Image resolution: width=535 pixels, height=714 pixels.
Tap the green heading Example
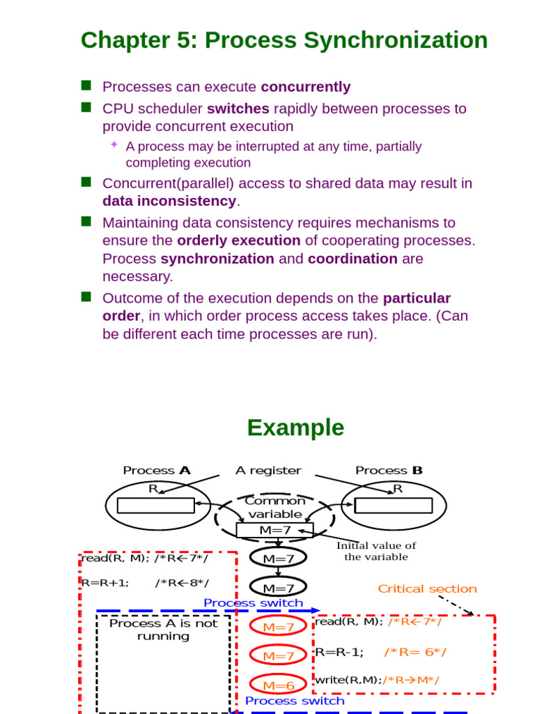click(295, 427)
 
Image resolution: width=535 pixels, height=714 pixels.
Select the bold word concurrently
click(306, 87)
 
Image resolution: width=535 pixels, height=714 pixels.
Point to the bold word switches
click(238, 109)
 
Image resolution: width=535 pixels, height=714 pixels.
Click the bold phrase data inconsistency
click(169, 201)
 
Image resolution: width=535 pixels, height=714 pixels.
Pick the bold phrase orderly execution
click(239, 241)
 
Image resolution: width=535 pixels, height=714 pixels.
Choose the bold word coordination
click(352, 259)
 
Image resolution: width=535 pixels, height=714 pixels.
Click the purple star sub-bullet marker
click(114, 144)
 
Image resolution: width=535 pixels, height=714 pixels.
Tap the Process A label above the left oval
click(157, 471)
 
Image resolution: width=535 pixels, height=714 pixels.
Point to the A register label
click(268, 471)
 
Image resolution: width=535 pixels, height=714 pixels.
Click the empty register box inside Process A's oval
click(155, 505)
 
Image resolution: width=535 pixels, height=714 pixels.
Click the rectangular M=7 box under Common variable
click(274, 530)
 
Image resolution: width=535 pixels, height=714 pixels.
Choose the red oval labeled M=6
click(279, 685)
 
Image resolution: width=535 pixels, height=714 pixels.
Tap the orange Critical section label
click(427, 589)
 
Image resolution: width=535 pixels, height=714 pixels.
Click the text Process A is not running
click(163, 630)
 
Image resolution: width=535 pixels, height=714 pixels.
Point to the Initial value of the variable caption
click(376, 551)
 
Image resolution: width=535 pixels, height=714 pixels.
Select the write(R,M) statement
click(348, 680)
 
